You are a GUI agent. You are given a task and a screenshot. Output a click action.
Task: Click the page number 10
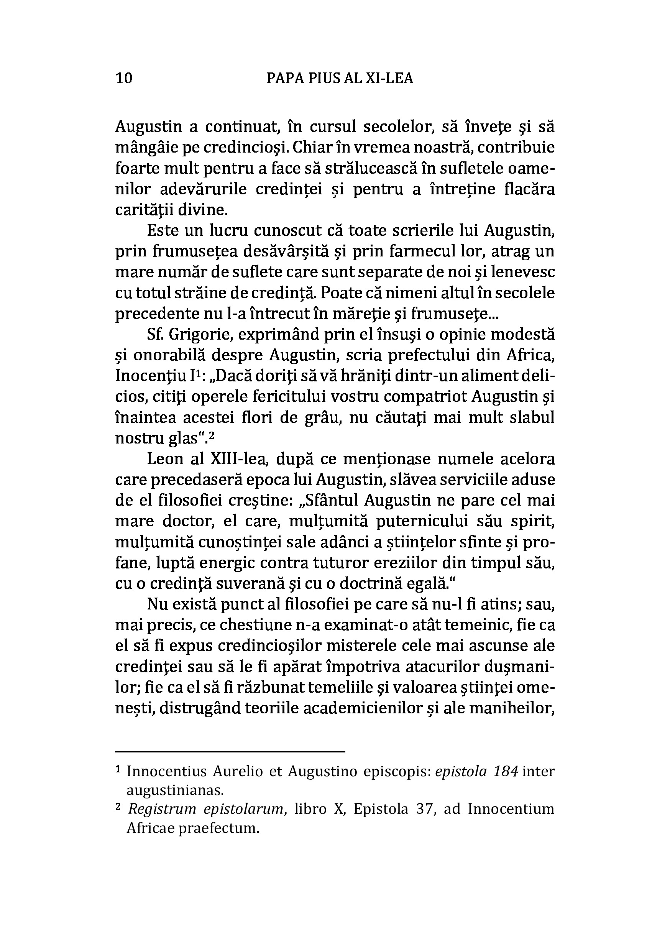tap(124, 78)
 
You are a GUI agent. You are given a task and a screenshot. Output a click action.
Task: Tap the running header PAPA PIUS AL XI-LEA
tap(340, 78)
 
